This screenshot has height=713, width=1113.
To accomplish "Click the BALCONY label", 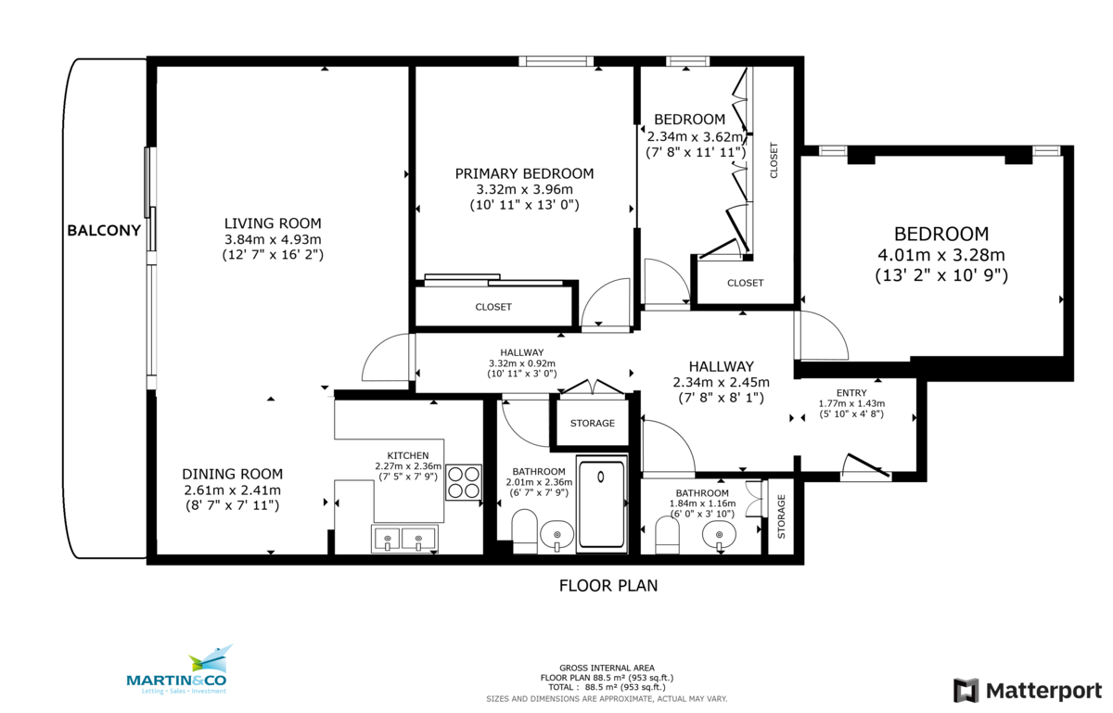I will click(x=104, y=230).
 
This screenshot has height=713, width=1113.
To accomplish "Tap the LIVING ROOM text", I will click(x=273, y=223).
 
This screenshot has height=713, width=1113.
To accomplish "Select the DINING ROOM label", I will click(x=232, y=473).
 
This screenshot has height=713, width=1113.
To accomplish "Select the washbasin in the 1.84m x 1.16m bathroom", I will click(x=719, y=535).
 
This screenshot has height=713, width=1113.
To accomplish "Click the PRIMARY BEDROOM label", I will click(x=524, y=173).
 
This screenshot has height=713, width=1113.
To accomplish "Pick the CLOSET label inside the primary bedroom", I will click(x=493, y=307).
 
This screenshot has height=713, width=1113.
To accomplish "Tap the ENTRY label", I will click(x=851, y=392).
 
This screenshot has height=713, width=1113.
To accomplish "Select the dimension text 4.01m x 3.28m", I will click(x=940, y=255).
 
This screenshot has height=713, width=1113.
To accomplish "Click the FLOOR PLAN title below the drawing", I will click(x=608, y=585).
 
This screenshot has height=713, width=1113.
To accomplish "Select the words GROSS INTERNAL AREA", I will click(x=608, y=668).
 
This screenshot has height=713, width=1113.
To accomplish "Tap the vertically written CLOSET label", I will click(x=774, y=159).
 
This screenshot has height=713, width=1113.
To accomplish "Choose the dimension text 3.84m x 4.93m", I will click(x=273, y=238).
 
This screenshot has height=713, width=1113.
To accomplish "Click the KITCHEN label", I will click(x=407, y=455).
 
